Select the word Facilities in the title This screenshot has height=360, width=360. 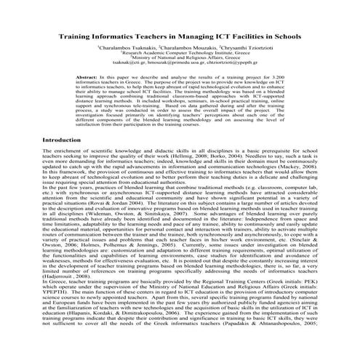[236, 33]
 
